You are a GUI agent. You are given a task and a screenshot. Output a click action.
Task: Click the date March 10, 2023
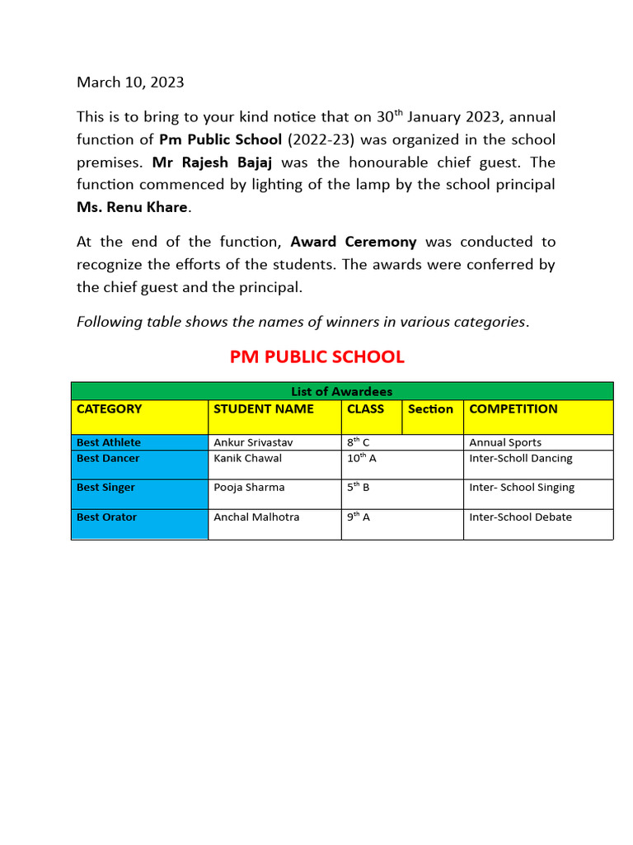click(x=130, y=83)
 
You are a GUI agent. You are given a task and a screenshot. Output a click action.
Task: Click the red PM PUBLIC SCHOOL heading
click(x=316, y=357)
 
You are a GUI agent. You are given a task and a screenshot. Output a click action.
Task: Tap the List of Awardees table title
click(x=341, y=391)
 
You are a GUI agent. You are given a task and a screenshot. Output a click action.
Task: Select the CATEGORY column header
click(x=109, y=409)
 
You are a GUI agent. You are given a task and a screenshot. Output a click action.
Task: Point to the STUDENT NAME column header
click(x=264, y=409)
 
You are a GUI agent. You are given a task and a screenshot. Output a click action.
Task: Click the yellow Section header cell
click(x=431, y=409)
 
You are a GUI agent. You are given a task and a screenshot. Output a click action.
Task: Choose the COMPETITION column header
click(x=513, y=409)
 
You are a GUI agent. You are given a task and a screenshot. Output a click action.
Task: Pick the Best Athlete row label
click(x=109, y=443)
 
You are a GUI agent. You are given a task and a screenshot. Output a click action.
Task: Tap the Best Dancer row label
click(x=108, y=459)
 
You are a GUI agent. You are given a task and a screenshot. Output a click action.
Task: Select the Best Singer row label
click(x=105, y=488)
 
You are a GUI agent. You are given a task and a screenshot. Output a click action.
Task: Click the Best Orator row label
click(x=106, y=517)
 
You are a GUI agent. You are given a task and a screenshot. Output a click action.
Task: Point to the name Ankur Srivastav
click(x=253, y=443)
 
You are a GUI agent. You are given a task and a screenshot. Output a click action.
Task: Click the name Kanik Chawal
click(x=247, y=459)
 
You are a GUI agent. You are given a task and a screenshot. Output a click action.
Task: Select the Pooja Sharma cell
click(x=249, y=488)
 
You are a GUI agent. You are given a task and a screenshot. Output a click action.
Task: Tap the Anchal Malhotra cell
click(x=256, y=517)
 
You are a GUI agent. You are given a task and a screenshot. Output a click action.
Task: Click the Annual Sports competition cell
click(x=505, y=443)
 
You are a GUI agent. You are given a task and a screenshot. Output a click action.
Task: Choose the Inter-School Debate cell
click(x=520, y=517)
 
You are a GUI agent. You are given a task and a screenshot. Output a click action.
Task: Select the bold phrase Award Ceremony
click(x=354, y=243)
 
